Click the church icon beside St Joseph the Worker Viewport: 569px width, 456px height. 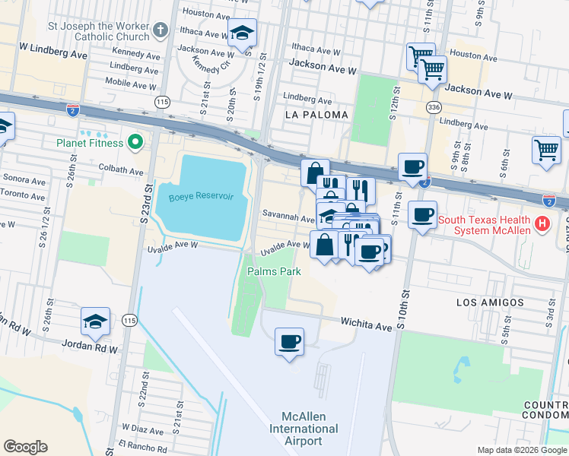point(160,30)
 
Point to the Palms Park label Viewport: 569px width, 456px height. point(274,271)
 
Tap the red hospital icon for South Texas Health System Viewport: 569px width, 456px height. point(542,224)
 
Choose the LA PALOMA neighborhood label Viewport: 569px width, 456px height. point(316,115)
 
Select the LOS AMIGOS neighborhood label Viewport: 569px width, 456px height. point(490,302)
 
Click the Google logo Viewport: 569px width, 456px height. point(26,447)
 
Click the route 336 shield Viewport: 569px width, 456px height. point(434,108)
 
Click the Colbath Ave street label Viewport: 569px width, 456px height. point(120,172)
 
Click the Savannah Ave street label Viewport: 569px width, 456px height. point(288,218)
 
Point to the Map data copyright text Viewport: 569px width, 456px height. point(521,450)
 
